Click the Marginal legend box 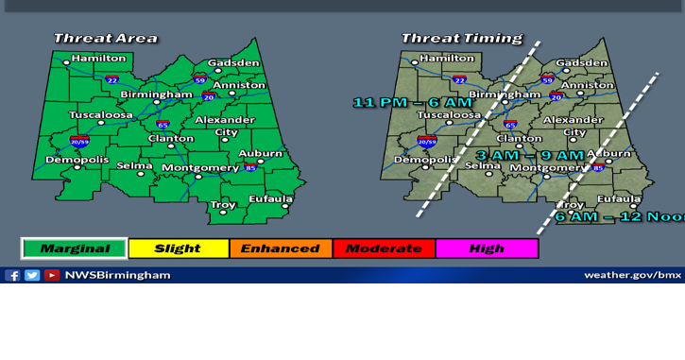coord(74,249)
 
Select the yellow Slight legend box coord(178,249)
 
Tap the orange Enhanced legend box coord(280,249)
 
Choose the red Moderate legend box coord(383,249)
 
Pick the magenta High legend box coord(486,249)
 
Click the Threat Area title coord(105,39)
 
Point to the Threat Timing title coord(461,39)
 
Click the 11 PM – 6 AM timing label coord(412,102)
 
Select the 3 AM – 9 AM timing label coord(529,155)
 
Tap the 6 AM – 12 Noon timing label coord(619,216)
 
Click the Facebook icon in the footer coord(12,275)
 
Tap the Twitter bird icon coord(32,275)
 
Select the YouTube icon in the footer coord(52,275)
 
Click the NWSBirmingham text coord(117,275)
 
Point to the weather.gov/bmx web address coord(632,275)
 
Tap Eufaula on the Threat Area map coord(270,198)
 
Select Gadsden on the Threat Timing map coord(581,63)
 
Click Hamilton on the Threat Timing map coord(446,58)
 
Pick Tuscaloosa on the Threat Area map coord(101,115)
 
